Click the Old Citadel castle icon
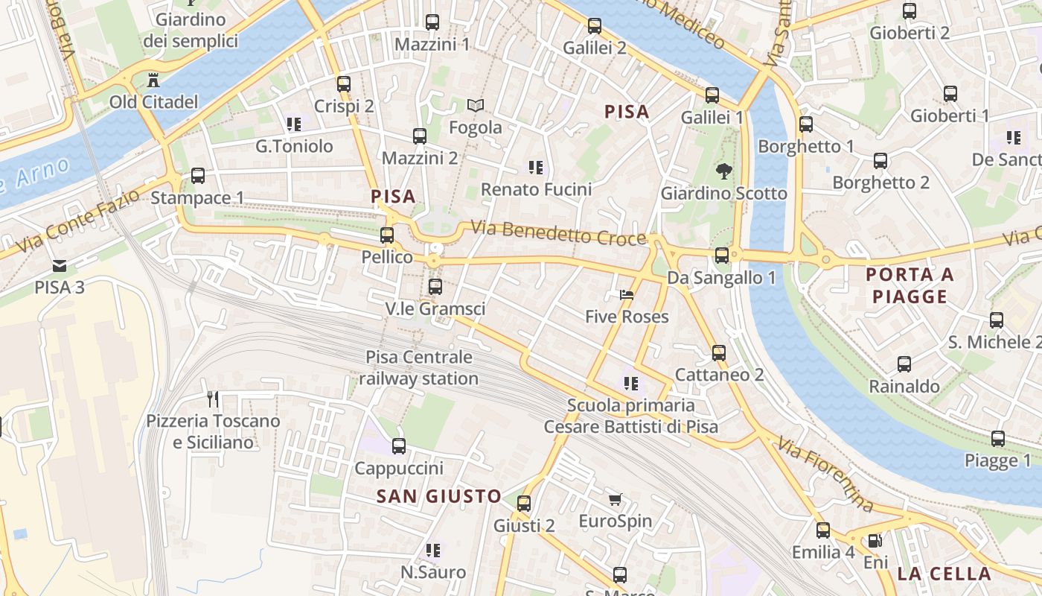coord(154,79)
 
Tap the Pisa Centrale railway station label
coord(419,368)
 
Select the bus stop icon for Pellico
coord(387,235)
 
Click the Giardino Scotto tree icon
coord(723,172)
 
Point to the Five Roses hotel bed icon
coord(627,295)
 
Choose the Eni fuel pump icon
coord(876,541)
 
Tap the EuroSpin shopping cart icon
coord(615,499)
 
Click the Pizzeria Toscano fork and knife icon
coord(214,399)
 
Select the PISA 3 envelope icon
coord(60,265)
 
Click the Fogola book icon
coord(476,106)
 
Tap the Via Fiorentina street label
coord(825,475)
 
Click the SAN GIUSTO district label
coord(439,496)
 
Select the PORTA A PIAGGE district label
coord(910,286)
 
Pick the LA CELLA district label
coord(944,574)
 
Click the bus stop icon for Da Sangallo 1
coord(722,256)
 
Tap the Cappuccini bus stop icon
coord(399,446)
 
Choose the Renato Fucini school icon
coord(536,168)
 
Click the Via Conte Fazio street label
coord(77,221)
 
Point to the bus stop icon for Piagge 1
coord(998,439)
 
